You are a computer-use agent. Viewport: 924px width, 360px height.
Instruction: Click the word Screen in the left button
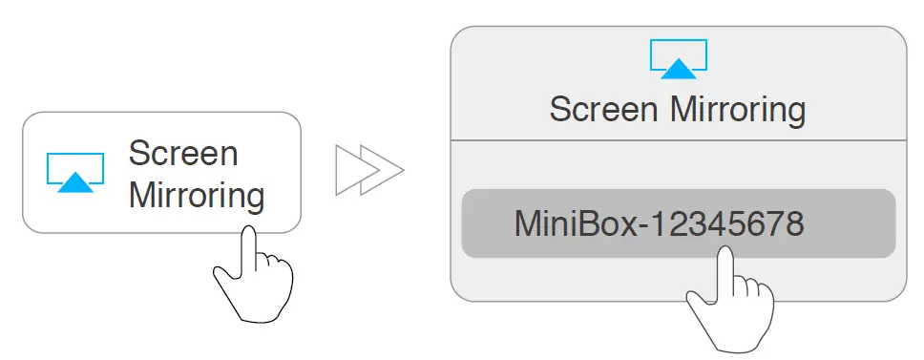[x=183, y=153]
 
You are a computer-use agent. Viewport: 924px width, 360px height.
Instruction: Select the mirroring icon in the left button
[x=75, y=173]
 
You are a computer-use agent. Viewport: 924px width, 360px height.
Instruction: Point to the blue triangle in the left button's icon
[x=75, y=182]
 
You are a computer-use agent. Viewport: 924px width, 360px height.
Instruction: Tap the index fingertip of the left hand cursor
[x=248, y=234]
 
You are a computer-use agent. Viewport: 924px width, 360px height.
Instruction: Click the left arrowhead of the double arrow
[x=349, y=171]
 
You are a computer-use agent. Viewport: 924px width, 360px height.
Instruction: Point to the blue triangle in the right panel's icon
[x=679, y=68]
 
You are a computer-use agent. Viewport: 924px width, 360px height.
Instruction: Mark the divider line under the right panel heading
[x=678, y=140]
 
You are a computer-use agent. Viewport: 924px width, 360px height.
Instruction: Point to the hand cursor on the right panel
[x=731, y=301]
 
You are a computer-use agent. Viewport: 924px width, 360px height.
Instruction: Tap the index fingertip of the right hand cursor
[x=724, y=254]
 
